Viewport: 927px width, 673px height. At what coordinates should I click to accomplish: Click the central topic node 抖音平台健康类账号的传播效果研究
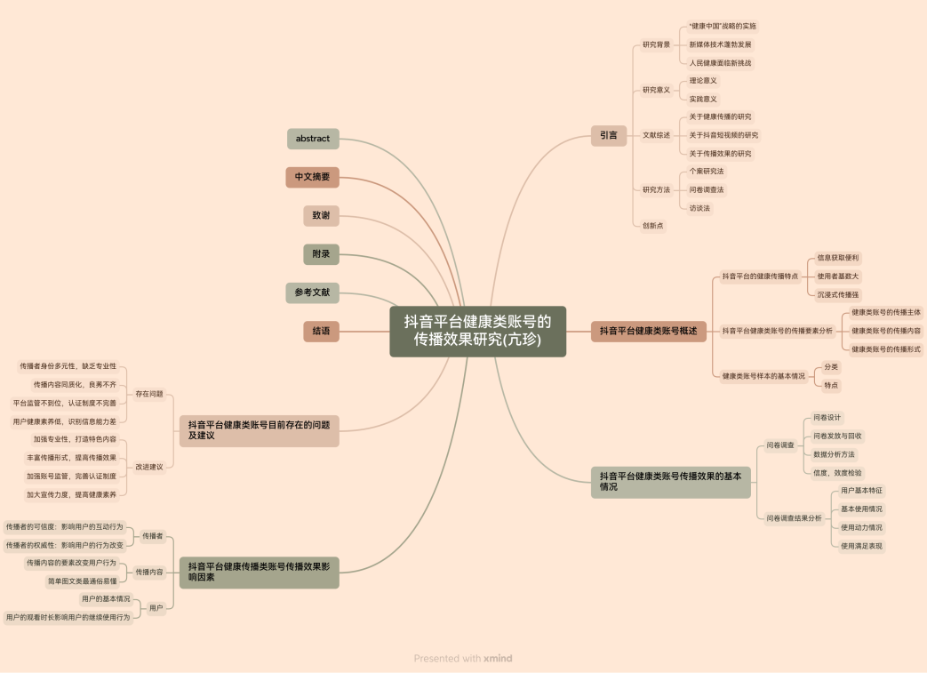pyautogui.click(x=477, y=332)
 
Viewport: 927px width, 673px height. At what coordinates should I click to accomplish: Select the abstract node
pyautogui.click(x=313, y=139)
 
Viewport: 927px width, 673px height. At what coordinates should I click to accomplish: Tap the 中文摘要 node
pyautogui.click(x=313, y=177)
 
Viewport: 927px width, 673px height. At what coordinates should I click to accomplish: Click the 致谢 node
pyautogui.click(x=321, y=216)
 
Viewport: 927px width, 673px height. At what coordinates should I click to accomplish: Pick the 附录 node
pyautogui.click(x=321, y=254)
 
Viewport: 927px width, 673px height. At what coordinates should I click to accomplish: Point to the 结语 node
pyautogui.click(x=321, y=331)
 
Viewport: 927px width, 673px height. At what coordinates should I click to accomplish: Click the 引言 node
pyautogui.click(x=609, y=135)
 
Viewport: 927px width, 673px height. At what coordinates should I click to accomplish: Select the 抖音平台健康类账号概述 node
pyautogui.click(x=648, y=331)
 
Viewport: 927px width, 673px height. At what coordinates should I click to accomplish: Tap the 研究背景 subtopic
pyautogui.click(x=657, y=44)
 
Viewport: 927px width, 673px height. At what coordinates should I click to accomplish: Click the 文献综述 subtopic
pyautogui.click(x=657, y=135)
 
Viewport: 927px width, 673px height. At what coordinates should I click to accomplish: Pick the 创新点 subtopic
pyautogui.click(x=653, y=226)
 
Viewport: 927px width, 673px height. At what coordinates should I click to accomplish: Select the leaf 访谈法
pyautogui.click(x=700, y=208)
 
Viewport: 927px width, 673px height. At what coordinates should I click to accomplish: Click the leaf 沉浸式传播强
pyautogui.click(x=838, y=294)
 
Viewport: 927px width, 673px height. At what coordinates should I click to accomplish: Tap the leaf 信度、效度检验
pyautogui.click(x=837, y=473)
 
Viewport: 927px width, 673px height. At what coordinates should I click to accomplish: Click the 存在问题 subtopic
pyautogui.click(x=149, y=394)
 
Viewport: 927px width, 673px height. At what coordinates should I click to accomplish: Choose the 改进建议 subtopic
pyautogui.click(x=149, y=467)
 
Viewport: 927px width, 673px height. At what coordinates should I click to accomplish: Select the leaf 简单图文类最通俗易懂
pyautogui.click(x=82, y=581)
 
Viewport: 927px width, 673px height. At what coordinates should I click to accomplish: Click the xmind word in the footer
pyautogui.click(x=498, y=659)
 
